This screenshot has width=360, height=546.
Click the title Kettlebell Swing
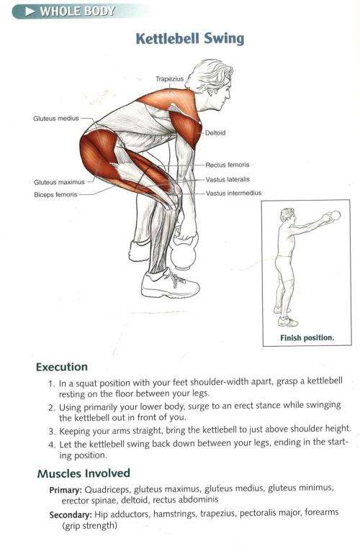pyautogui.click(x=190, y=38)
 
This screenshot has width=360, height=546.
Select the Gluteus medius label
pyautogui.click(x=55, y=118)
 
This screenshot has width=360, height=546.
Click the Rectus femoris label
pyautogui.click(x=227, y=165)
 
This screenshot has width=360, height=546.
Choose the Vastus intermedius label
pyautogui.click(x=233, y=193)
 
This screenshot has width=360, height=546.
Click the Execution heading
pyautogui.click(x=62, y=367)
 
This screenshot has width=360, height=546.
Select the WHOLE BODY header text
pyautogui.click(x=78, y=11)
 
